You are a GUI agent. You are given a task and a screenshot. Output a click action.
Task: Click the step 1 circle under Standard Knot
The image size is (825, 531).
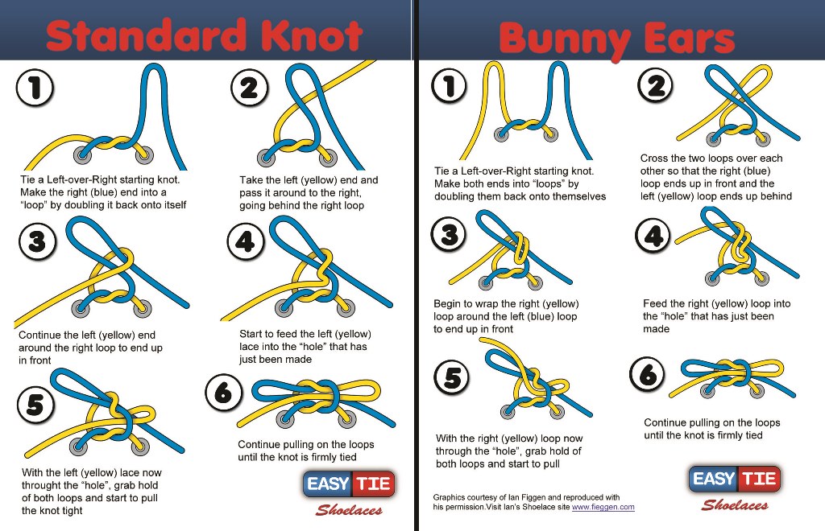[35, 88]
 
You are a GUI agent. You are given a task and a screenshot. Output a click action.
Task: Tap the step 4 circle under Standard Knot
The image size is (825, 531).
[246, 241]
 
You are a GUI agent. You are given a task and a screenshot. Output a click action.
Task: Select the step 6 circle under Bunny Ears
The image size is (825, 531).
[648, 375]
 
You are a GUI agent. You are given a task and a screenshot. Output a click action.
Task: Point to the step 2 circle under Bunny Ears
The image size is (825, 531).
[655, 85]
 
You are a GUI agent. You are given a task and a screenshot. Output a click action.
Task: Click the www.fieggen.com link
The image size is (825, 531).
[603, 508]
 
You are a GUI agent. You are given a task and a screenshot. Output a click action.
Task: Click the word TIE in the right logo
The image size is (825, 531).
[759, 479]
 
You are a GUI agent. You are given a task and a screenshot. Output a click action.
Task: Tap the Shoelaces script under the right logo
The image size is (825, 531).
[735, 505]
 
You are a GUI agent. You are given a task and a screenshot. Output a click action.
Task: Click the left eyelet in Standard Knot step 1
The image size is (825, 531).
[83, 155]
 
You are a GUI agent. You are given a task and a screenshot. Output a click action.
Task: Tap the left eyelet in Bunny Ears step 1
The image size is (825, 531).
[501, 134]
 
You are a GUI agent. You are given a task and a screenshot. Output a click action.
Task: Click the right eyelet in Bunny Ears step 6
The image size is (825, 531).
[757, 390]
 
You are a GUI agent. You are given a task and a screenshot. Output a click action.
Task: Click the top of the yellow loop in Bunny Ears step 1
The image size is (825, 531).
[494, 64]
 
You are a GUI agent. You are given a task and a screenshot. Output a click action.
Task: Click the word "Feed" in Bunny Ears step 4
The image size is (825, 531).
[655, 303]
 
